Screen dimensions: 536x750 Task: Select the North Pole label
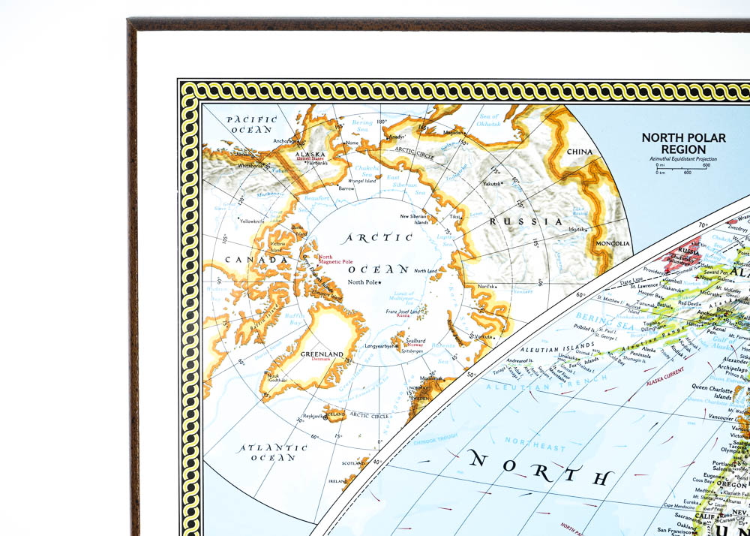click(x=364, y=282)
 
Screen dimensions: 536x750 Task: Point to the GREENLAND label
click(x=322, y=354)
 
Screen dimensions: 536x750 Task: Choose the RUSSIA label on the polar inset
click(x=526, y=221)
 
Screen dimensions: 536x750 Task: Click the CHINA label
click(x=579, y=152)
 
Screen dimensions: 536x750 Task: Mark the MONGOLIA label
click(x=613, y=244)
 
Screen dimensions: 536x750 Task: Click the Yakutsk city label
click(x=492, y=183)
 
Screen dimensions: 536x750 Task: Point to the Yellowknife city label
click(x=250, y=221)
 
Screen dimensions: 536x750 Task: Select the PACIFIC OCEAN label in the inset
click(x=252, y=124)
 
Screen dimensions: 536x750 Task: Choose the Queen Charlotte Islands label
click(x=718, y=392)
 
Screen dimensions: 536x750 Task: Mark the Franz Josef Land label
click(x=403, y=312)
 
